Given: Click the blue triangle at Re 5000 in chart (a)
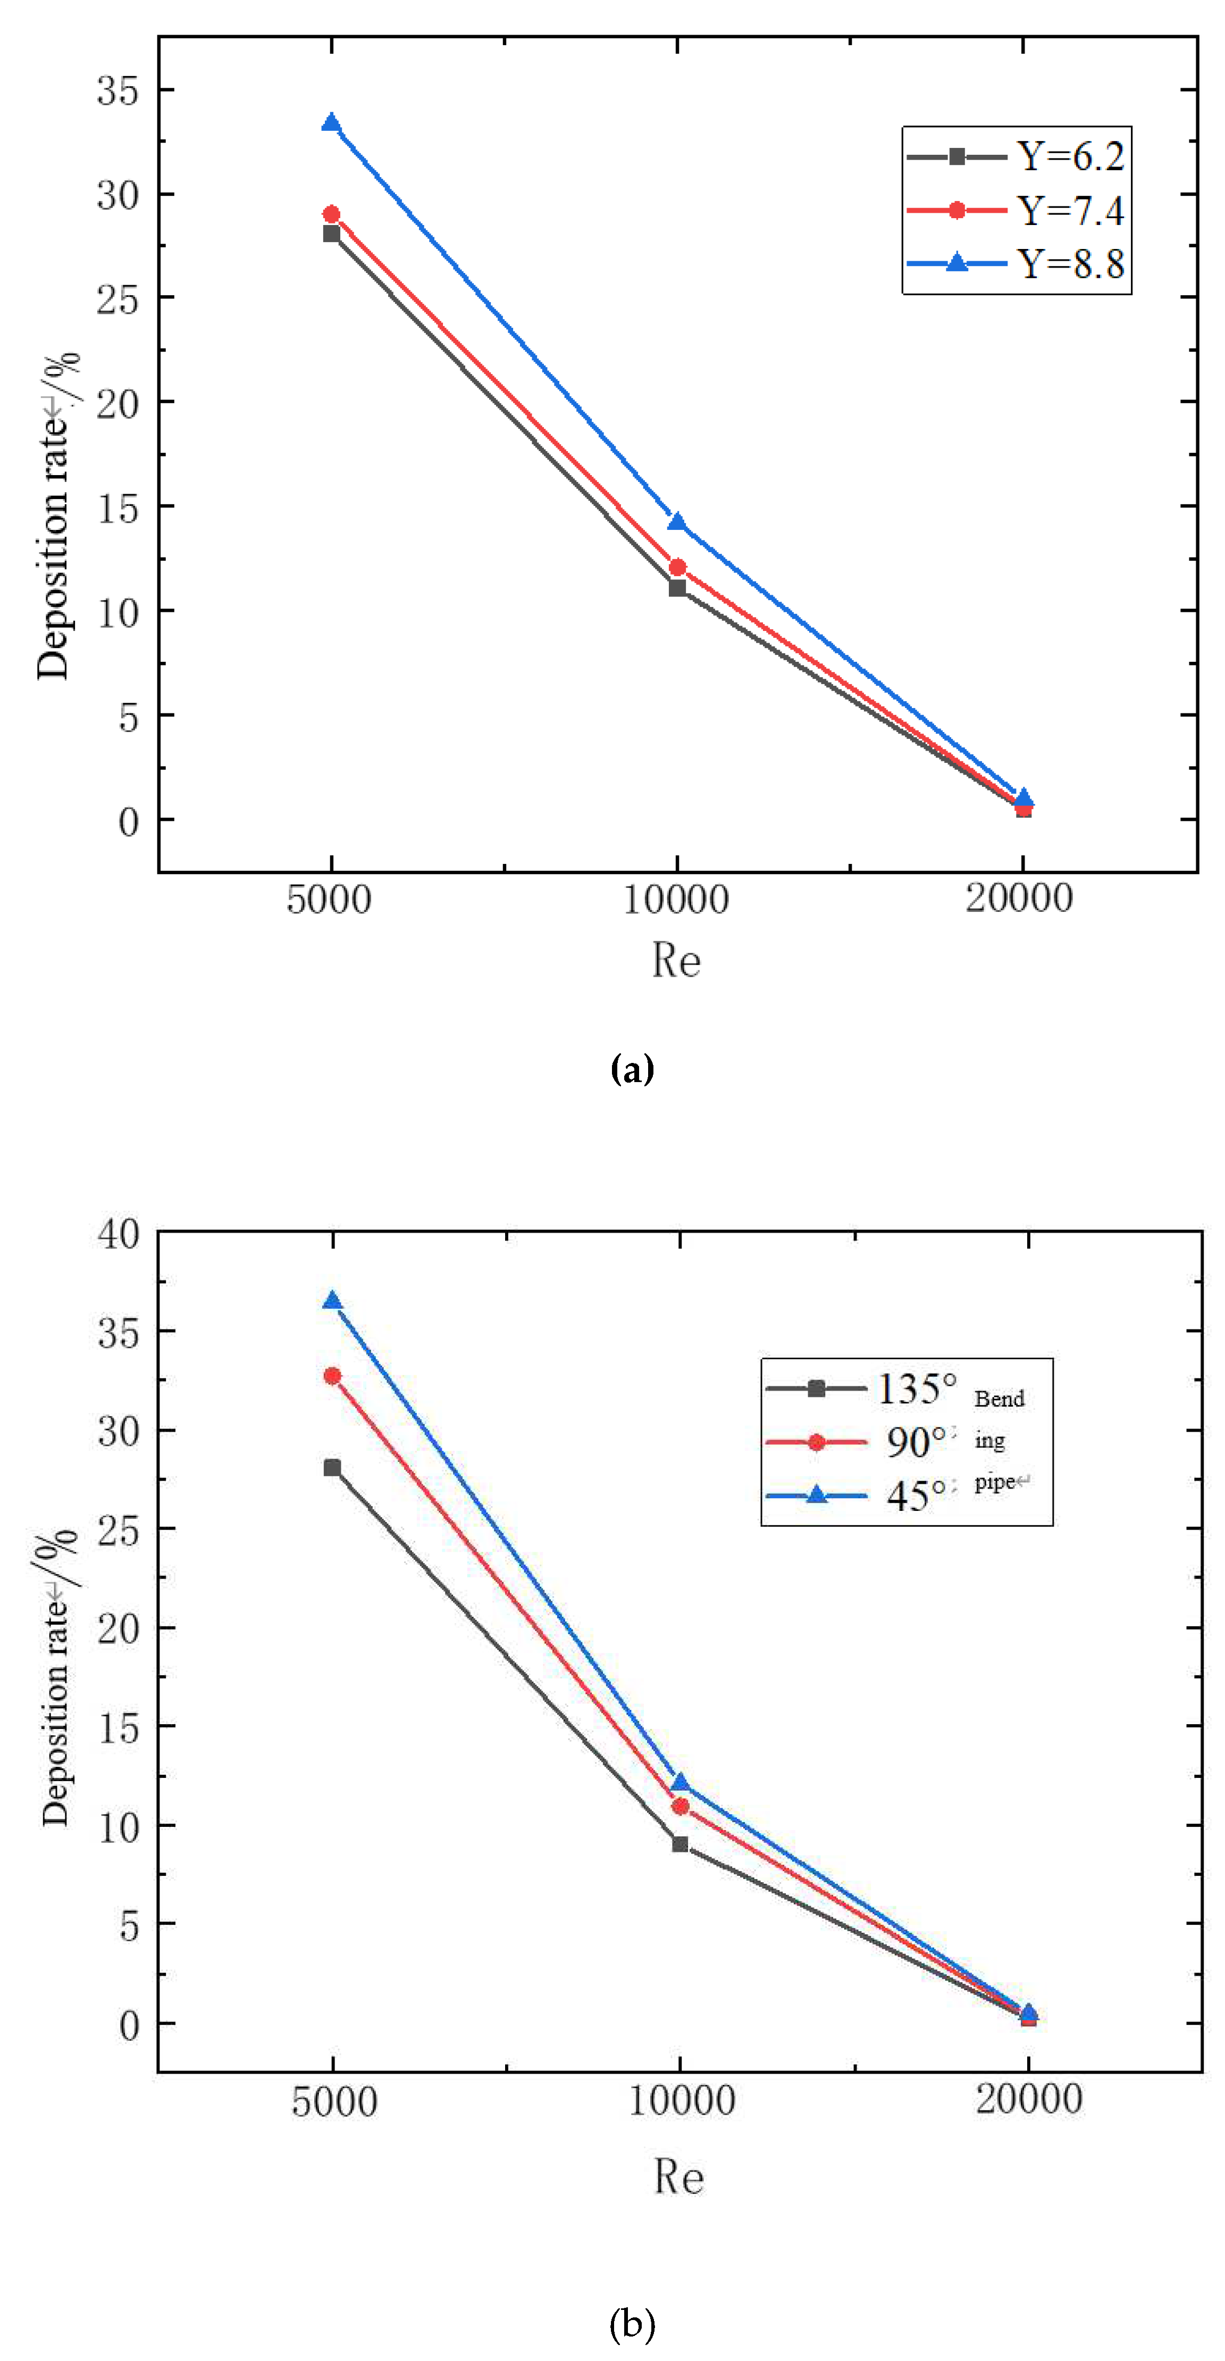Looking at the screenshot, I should click(x=331, y=123).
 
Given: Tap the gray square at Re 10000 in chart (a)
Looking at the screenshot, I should click(x=677, y=587).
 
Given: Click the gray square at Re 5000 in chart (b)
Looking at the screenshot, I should click(x=332, y=1467).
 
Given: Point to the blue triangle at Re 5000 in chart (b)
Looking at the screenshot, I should click(x=332, y=1301).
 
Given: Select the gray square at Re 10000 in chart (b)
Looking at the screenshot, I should click(x=680, y=1843).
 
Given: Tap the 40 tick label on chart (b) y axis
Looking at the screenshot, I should click(x=118, y=1234).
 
